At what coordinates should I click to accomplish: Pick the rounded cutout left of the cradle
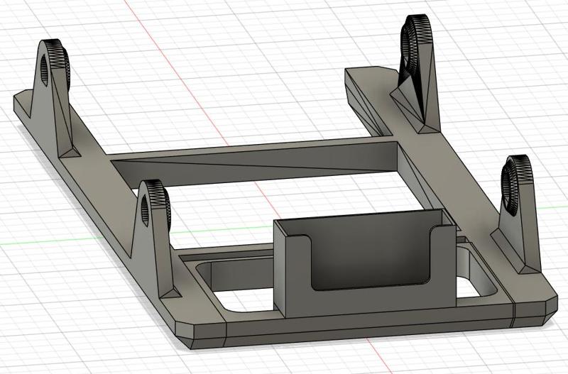234,284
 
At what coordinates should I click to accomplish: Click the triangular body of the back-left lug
53,114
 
